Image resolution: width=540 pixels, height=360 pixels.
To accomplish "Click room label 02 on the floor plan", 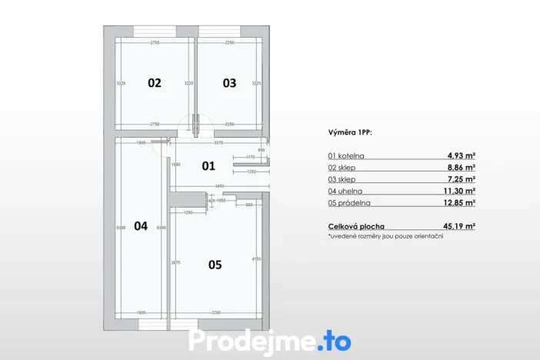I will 155,83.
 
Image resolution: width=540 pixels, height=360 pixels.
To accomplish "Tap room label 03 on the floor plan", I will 229,83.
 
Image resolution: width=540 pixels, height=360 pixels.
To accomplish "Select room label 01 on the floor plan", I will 208,165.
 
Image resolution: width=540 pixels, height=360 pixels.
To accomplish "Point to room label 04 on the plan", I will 140,226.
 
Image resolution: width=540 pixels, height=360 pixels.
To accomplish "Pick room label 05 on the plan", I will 215,265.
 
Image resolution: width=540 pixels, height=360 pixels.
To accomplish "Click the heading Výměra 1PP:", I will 350,132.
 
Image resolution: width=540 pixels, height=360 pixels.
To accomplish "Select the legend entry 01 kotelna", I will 348,155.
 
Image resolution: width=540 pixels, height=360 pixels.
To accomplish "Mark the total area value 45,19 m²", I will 459,225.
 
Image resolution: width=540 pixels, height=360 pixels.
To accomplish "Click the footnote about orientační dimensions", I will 385,236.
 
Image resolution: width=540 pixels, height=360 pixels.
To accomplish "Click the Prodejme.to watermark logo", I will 270,341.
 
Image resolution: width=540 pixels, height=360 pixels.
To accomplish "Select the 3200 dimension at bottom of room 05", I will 215,313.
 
